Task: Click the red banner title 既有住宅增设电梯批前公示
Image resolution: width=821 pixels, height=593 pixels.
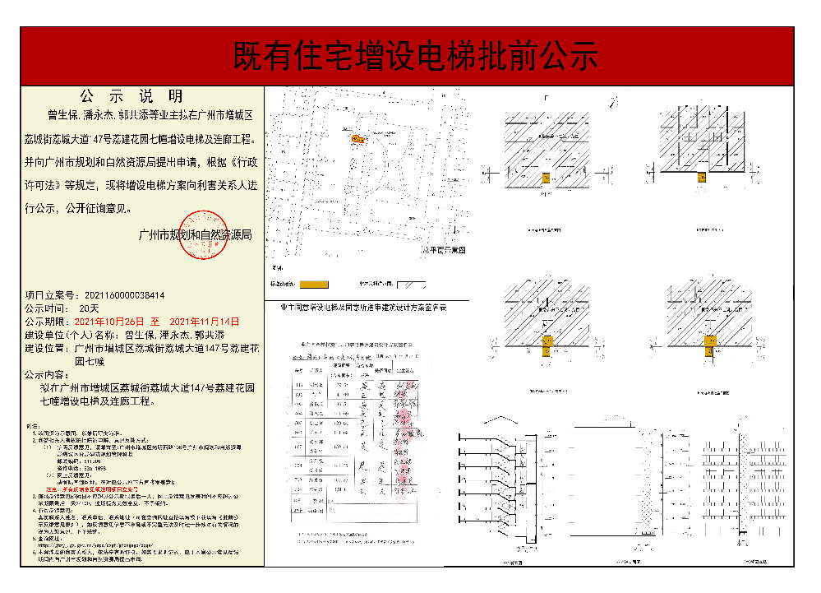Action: coord(415,57)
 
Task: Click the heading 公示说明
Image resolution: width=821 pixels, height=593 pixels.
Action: coord(132,96)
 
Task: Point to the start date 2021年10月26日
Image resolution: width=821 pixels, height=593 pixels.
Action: coord(109,321)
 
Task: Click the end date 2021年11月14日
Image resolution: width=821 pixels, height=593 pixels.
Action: coord(204,321)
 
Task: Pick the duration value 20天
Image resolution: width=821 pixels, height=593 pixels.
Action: coord(88,307)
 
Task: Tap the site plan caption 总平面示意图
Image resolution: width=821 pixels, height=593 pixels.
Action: coord(445,248)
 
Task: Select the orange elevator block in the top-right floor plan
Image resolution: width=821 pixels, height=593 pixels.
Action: coord(701,177)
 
